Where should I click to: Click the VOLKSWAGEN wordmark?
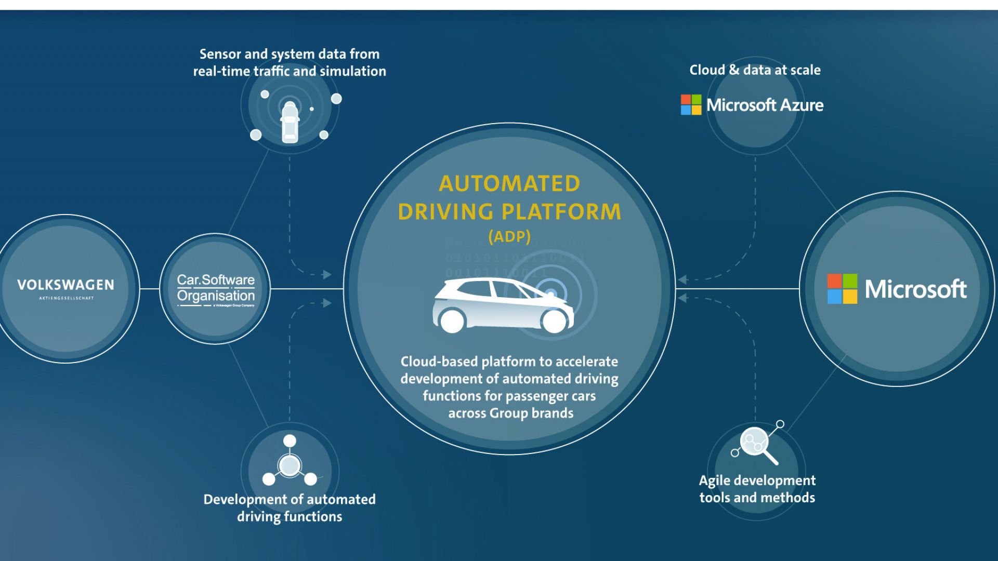tap(65, 285)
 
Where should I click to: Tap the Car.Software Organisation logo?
tap(216, 289)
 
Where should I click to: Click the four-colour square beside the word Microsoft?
tap(842, 289)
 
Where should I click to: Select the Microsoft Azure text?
tap(765, 105)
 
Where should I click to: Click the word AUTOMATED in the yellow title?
tap(509, 184)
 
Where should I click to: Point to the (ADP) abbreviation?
tap(509, 237)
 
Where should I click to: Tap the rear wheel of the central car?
tap(452, 320)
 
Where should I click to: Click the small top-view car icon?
tap(290, 123)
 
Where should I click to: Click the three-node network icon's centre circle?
tap(290, 465)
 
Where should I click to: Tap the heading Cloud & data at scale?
tap(755, 70)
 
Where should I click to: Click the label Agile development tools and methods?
tap(757, 489)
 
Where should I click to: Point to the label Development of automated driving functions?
tap(290, 507)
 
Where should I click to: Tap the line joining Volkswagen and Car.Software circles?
tap(150, 289)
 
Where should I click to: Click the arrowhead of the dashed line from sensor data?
tap(327, 274)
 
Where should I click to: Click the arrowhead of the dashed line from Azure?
tap(682, 279)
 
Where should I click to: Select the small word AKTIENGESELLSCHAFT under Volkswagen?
tap(66, 298)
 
